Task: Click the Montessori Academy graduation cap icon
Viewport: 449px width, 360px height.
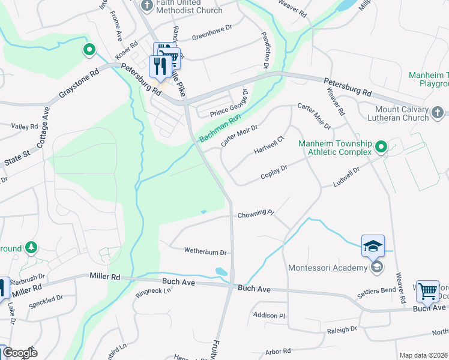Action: click(x=373, y=245)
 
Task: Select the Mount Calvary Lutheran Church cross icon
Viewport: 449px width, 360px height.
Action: click(x=438, y=112)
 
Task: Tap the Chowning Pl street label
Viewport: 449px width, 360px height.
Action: click(x=255, y=214)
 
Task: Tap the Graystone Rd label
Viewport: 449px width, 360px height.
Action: click(x=79, y=86)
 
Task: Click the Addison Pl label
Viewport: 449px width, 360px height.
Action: click(x=269, y=315)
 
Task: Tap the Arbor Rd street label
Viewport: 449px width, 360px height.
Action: click(x=278, y=351)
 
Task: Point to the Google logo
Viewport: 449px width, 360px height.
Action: click(x=19, y=353)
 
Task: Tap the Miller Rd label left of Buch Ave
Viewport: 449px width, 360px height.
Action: click(x=105, y=277)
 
